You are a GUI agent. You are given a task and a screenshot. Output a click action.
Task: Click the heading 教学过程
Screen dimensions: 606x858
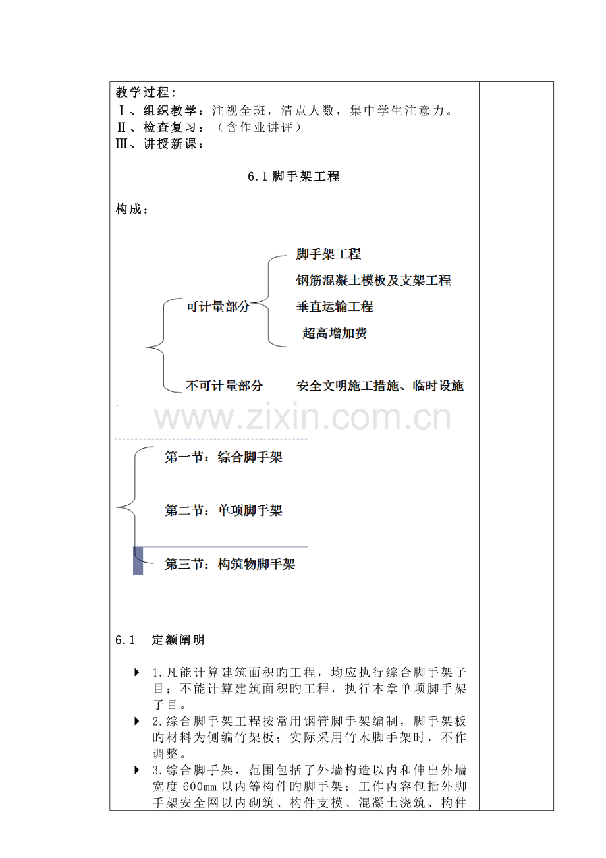point(146,92)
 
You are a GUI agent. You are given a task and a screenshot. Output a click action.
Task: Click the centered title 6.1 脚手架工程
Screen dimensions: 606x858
point(294,176)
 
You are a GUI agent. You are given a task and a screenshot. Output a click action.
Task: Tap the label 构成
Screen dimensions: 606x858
point(132,209)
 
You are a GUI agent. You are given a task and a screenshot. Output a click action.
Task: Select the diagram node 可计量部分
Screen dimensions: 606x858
point(218,307)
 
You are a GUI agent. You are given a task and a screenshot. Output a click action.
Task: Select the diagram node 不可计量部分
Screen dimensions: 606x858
point(225,386)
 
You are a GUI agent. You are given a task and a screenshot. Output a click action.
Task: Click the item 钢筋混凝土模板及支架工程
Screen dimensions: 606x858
point(373,280)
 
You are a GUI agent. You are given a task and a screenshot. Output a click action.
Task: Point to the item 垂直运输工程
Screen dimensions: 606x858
point(335,307)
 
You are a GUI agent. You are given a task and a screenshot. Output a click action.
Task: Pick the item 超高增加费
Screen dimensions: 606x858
point(335,333)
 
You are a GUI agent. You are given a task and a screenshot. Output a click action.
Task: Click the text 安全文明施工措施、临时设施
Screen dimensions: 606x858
point(380,386)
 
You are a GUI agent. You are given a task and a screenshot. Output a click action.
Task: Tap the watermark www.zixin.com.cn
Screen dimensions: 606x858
point(302,418)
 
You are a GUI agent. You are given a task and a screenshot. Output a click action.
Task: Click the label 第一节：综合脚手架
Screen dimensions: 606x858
point(223,457)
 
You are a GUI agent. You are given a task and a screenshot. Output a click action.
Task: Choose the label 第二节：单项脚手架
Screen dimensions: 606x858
point(223,511)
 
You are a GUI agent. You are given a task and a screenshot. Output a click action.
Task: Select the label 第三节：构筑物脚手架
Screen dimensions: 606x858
point(230,564)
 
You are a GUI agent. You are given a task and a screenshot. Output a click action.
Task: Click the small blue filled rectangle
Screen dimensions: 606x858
point(138,561)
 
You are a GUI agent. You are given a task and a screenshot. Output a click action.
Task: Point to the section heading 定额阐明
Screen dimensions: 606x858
point(178,640)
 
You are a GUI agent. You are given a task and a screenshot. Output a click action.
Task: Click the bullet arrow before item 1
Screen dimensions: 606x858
point(137,672)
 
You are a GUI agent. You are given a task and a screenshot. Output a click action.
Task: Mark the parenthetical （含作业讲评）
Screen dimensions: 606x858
point(259,127)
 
